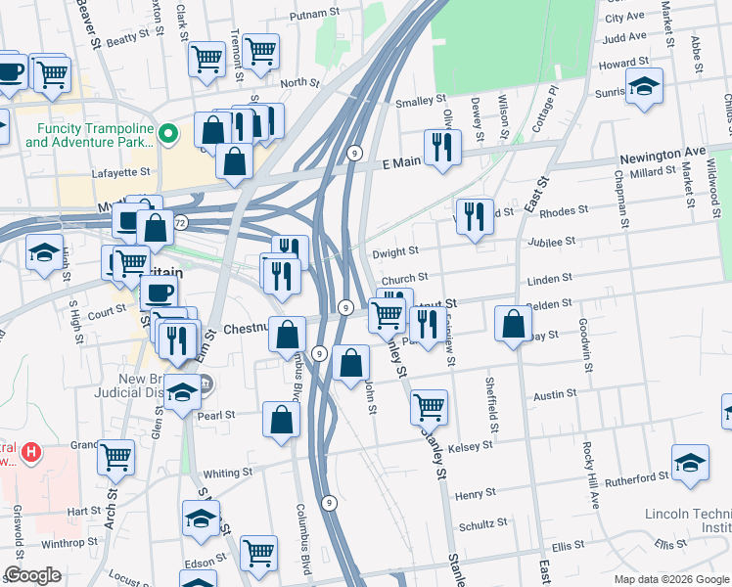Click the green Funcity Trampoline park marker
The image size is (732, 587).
pos(168,133)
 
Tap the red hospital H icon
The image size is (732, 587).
pos(32,452)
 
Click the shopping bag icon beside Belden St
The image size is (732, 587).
pos(513,324)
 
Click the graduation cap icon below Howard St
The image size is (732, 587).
pos(644,86)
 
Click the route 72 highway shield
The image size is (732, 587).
pos(180,223)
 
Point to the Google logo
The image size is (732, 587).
pos(32,575)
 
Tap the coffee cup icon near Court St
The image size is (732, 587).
pos(159,292)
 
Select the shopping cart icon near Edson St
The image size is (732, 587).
pos(258,553)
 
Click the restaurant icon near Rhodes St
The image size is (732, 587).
pos(474,217)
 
